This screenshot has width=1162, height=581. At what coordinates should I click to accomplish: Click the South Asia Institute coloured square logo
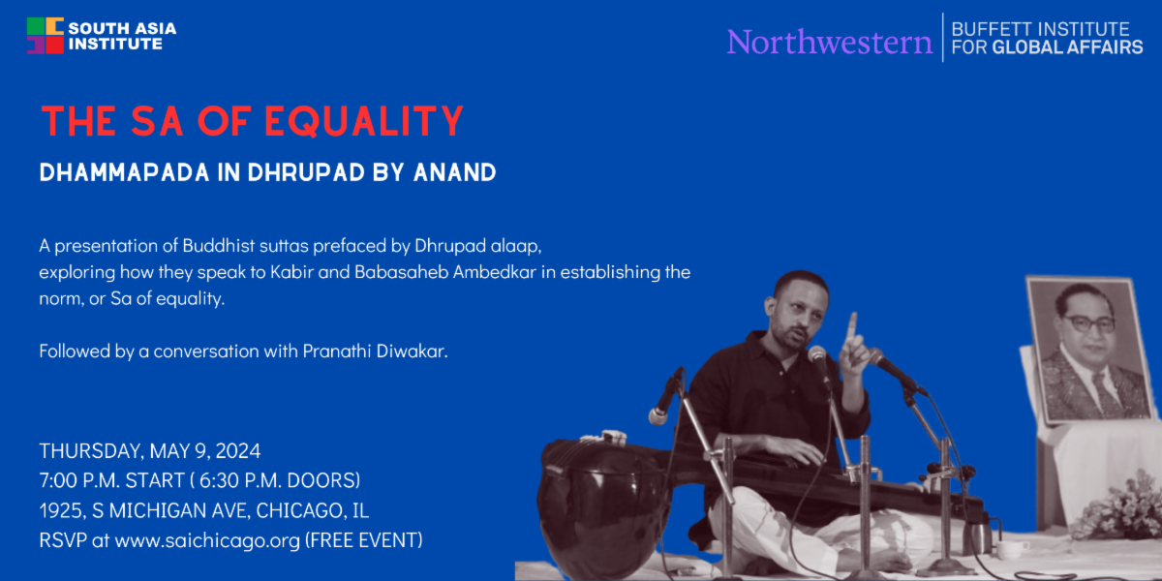pyautogui.click(x=46, y=36)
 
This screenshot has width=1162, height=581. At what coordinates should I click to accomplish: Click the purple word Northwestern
pyautogui.click(x=830, y=42)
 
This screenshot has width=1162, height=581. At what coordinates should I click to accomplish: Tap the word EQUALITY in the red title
pyautogui.click(x=364, y=121)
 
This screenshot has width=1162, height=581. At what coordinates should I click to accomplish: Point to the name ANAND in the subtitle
pyautogui.click(x=455, y=172)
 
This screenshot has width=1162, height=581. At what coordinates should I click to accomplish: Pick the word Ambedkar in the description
pyautogui.click(x=495, y=272)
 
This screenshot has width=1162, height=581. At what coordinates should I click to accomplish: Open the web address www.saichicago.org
pyautogui.click(x=207, y=540)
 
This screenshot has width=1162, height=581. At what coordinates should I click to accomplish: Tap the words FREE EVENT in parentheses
pyautogui.click(x=364, y=540)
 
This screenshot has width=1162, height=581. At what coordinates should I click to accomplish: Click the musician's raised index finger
pyautogui.click(x=851, y=328)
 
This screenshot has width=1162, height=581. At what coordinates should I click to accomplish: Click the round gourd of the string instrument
pyautogui.click(x=602, y=505)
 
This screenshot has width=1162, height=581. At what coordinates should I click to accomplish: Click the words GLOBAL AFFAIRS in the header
pyautogui.click(x=1067, y=47)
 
